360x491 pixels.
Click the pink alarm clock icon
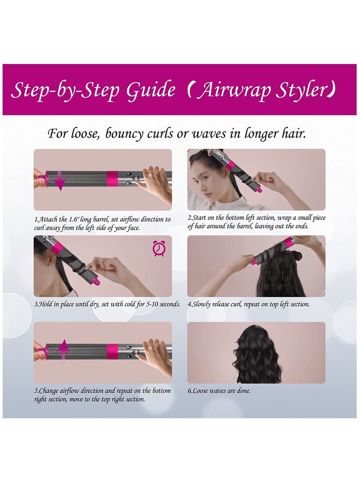[x=158, y=248]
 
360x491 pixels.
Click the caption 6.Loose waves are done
[x=219, y=391]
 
